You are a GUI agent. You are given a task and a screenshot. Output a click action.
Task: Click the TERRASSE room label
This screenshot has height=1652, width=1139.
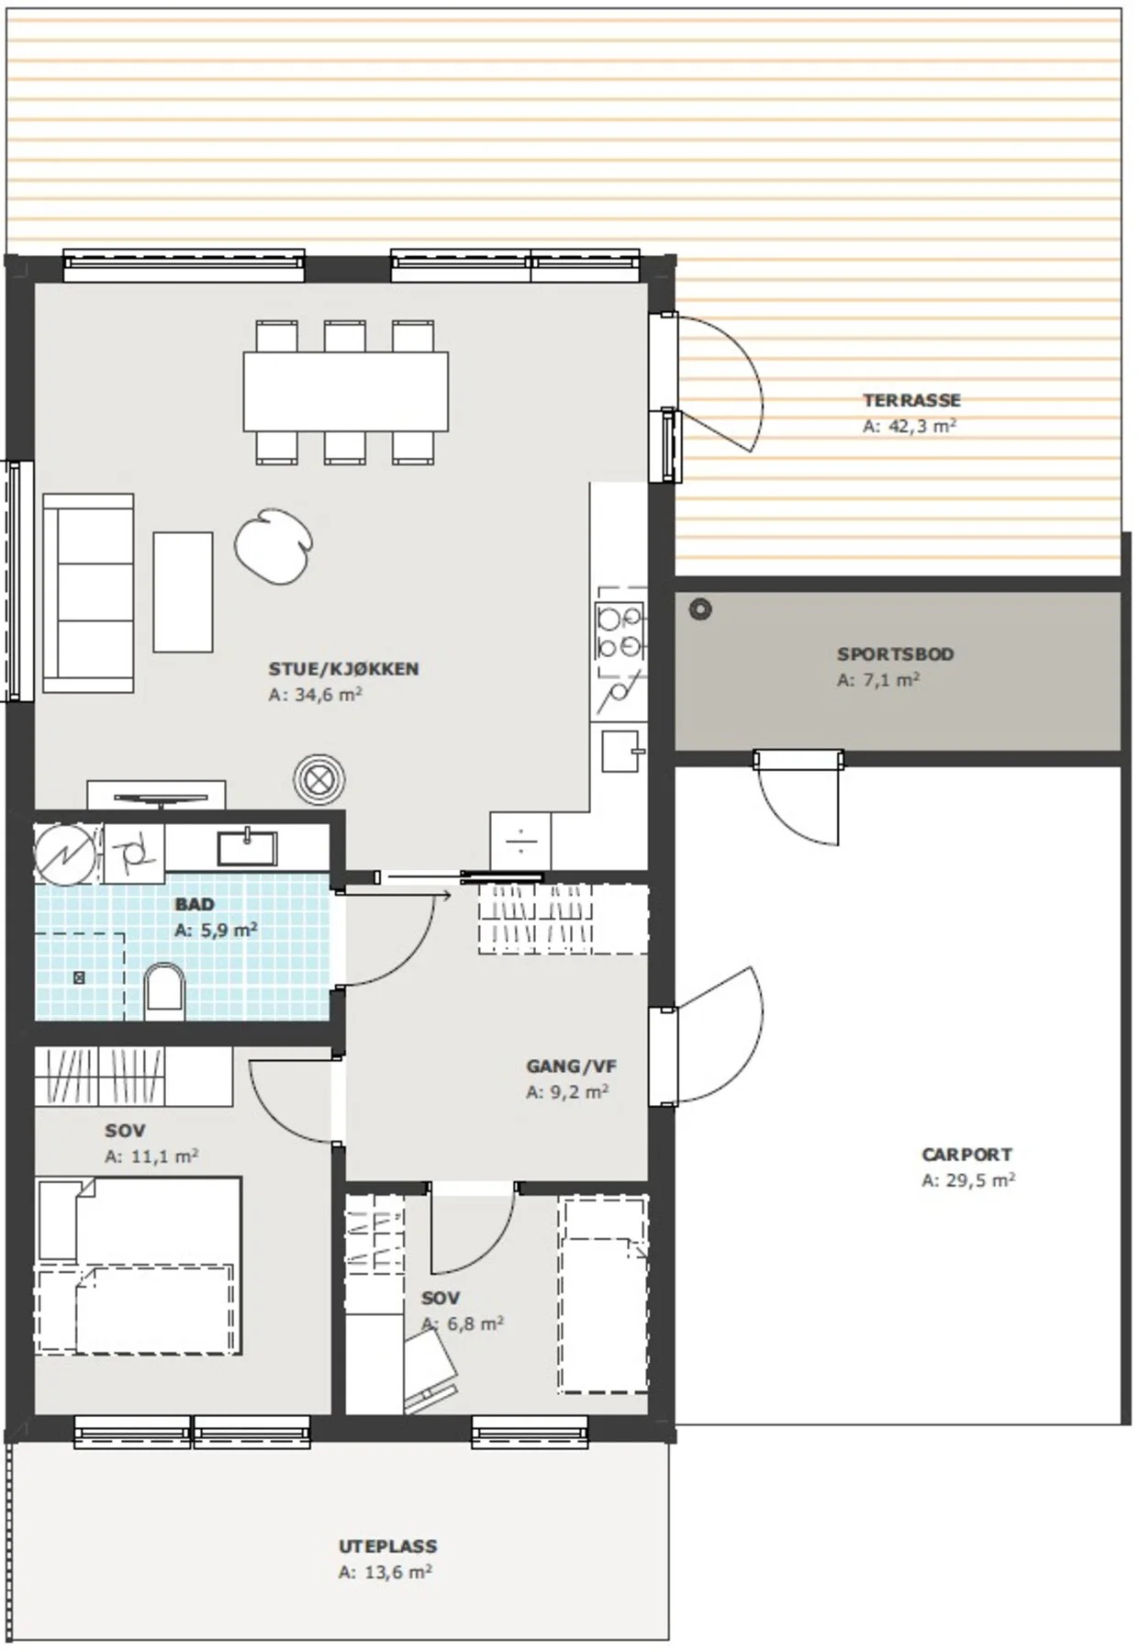(911, 400)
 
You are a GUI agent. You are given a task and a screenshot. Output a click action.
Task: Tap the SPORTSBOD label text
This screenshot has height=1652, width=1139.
(895, 654)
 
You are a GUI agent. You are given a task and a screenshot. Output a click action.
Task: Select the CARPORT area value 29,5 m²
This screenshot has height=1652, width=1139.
(979, 1180)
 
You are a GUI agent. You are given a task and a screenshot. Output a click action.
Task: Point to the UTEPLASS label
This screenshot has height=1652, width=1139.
(387, 1546)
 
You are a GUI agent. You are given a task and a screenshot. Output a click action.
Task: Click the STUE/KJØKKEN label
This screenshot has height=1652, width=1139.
(343, 669)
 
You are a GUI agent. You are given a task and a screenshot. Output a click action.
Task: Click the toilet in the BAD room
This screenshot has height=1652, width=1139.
(165, 991)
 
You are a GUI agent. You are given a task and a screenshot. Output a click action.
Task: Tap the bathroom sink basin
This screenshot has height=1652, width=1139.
(247, 848)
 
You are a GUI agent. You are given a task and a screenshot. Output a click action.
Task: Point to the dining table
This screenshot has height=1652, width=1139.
(346, 391)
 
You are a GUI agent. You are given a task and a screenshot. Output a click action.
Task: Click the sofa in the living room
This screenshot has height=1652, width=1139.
(89, 593)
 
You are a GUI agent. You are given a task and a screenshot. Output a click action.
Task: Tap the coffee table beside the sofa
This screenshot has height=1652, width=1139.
(184, 592)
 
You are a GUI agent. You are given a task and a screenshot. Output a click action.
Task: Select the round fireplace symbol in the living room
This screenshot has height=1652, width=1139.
(319, 781)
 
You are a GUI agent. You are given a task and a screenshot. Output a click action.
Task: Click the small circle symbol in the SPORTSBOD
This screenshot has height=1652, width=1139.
(700, 608)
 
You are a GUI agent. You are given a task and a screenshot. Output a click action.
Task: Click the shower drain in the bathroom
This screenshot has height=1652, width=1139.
(79, 978)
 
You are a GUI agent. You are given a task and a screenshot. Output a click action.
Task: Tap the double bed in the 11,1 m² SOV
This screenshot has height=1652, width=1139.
(139, 1267)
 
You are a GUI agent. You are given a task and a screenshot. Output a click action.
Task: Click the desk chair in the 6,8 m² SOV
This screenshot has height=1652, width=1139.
(430, 1369)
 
